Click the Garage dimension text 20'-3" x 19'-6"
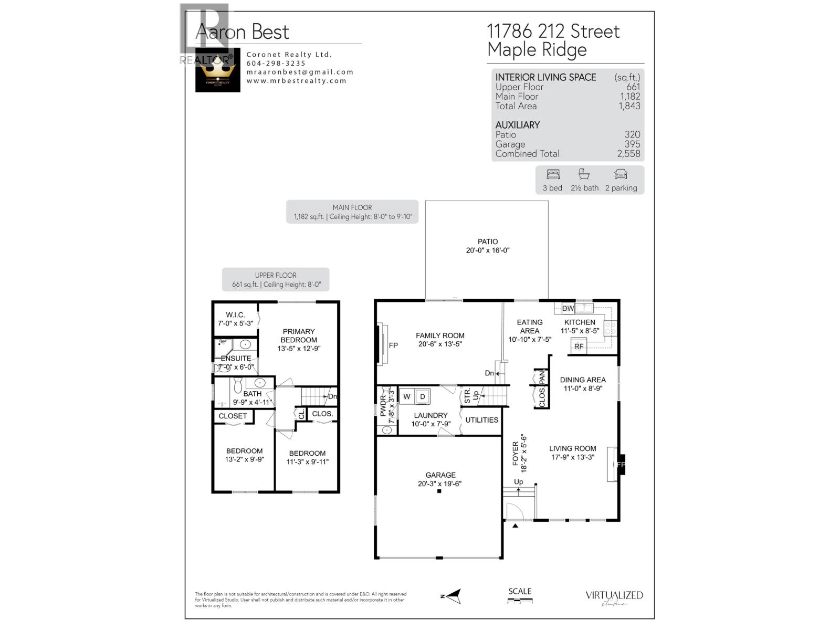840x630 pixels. (x=439, y=484)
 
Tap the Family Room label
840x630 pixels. (x=440, y=335)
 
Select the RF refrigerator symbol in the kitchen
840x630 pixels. (x=579, y=346)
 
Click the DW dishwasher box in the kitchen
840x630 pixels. (x=568, y=309)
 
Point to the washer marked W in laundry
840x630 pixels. (x=407, y=397)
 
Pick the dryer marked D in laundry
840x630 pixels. (x=423, y=397)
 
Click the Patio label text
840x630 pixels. (x=488, y=241)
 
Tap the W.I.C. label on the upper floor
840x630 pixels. (x=235, y=315)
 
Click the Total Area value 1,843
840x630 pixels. (x=629, y=106)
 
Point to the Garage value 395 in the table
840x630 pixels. (x=632, y=144)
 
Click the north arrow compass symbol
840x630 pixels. (x=451, y=596)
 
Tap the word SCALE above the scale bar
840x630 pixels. (x=520, y=591)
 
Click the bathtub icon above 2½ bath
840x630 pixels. (x=584, y=174)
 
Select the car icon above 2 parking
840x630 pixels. (x=621, y=174)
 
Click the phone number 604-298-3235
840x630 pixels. (x=276, y=63)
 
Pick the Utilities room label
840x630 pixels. (x=481, y=420)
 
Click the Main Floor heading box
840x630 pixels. (x=352, y=212)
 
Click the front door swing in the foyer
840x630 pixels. (x=514, y=511)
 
